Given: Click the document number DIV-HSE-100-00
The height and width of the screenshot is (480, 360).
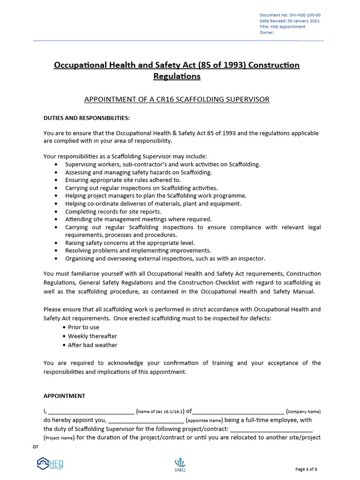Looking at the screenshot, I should tap(303, 15).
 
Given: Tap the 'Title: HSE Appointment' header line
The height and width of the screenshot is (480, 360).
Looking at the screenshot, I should tap(282, 27).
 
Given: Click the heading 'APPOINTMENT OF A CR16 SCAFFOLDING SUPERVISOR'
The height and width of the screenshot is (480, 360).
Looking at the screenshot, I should tap(177, 99).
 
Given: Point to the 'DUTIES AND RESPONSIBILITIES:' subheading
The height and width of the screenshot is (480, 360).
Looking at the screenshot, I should tap(87, 118).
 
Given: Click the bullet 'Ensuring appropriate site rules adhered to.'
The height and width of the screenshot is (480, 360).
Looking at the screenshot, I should tap(123, 180).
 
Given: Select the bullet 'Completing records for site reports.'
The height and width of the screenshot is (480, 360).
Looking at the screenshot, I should tap(113, 211).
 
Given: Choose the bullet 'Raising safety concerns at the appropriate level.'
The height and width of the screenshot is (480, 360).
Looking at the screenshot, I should tap(130, 243).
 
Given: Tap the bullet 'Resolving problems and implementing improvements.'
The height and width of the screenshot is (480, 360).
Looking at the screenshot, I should tap(138, 250).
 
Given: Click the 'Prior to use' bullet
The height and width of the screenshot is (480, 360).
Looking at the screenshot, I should tap(83, 327).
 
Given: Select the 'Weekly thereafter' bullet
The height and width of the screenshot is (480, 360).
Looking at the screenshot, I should tap(92, 336).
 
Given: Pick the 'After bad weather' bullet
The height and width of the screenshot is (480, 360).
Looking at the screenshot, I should tap(92, 345).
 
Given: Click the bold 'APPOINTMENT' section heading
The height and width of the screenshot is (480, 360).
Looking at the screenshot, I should tap(64, 396).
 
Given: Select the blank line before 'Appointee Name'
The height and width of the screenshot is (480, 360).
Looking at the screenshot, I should tap(146, 421).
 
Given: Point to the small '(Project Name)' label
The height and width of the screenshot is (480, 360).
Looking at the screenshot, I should tap(59, 438).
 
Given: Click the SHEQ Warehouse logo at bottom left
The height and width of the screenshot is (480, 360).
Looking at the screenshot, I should tap(50, 464).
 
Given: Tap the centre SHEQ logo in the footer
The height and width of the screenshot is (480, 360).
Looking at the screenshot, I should tap(180, 464).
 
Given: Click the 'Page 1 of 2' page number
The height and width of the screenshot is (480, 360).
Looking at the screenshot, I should tap(306, 469).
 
